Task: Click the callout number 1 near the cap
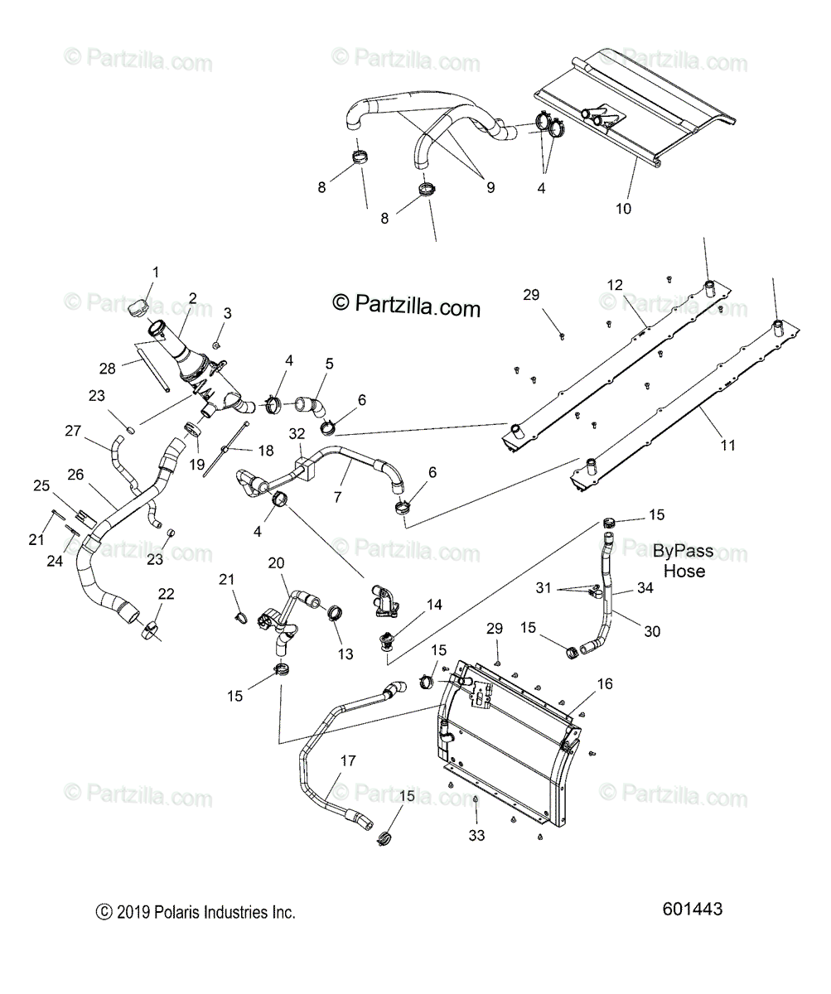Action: point(155,272)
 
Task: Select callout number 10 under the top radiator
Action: point(623,209)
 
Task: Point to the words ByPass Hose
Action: point(683,561)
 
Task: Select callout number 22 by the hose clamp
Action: point(167,594)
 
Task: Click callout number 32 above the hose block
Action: point(297,433)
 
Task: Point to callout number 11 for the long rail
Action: point(727,445)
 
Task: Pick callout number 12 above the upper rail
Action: point(614,285)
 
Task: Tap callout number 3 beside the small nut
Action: point(227,312)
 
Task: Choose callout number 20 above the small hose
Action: point(275,562)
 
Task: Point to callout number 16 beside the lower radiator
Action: point(604,683)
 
